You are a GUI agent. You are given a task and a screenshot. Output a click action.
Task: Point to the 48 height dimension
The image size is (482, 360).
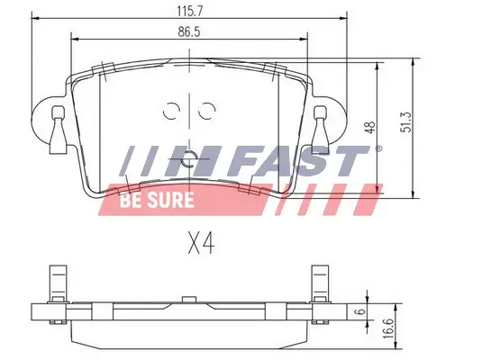[x=368, y=129]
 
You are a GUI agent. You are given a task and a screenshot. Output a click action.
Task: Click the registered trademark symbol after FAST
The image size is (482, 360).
[x=378, y=148]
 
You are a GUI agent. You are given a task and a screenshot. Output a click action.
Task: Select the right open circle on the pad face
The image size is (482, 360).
[x=207, y=112]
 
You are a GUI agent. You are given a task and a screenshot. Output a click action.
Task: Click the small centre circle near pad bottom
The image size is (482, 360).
[x=188, y=162]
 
